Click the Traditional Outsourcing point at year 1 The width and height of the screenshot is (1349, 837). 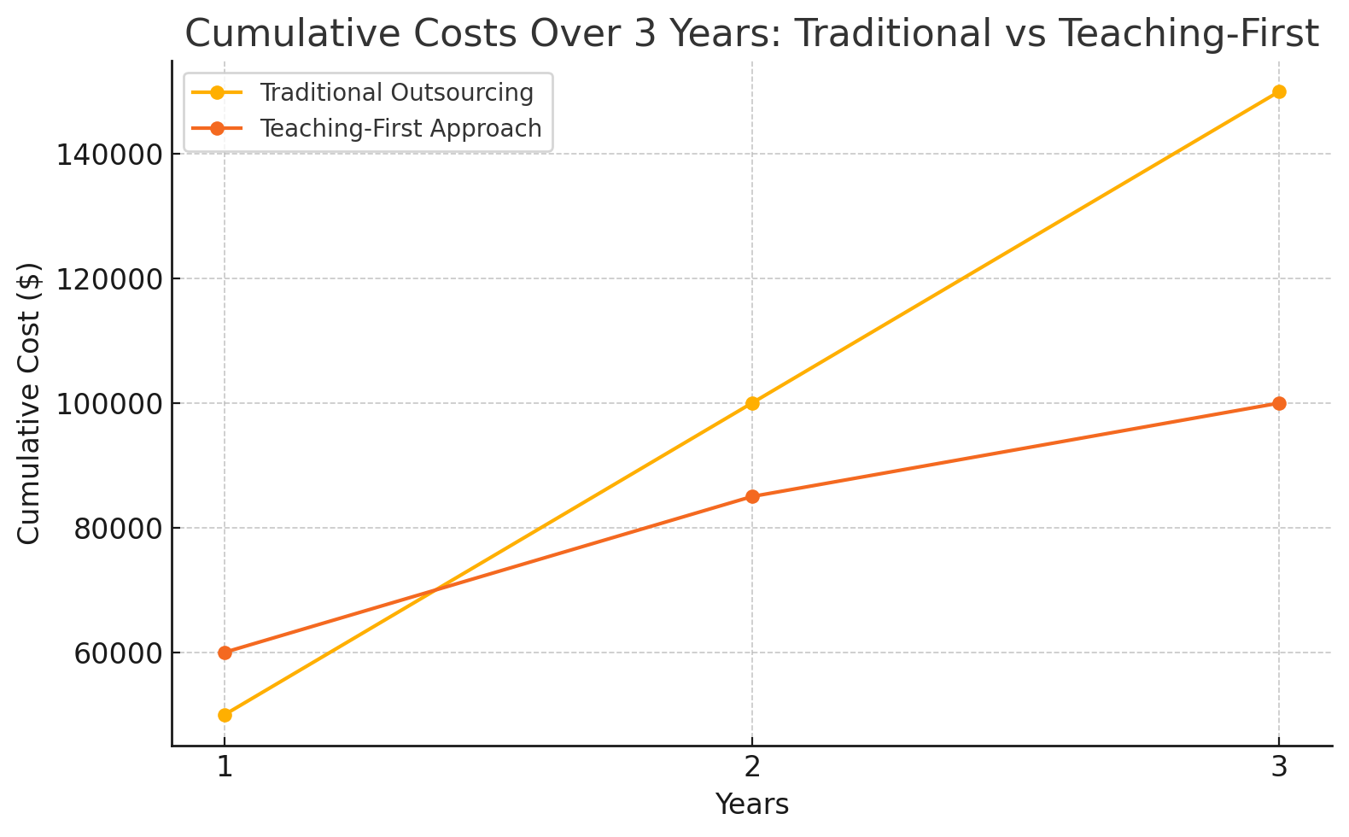point(225,715)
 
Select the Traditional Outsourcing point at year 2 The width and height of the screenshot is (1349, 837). point(752,403)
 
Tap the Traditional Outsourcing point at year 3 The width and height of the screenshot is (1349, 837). point(1279,91)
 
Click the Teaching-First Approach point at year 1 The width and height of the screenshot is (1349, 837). point(225,653)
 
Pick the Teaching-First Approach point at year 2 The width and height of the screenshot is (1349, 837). point(752,496)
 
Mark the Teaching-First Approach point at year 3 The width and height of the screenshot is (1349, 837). point(1279,403)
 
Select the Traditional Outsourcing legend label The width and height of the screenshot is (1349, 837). point(396,92)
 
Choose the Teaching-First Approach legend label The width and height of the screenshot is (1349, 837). point(400,128)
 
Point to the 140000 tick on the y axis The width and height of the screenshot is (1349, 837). point(108,155)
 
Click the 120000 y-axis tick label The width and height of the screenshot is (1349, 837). point(108,279)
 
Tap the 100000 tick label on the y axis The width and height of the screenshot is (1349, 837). point(108,404)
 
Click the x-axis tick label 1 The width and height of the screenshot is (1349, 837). point(225,768)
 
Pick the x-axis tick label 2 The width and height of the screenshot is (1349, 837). point(752,768)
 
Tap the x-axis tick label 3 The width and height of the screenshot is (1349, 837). point(1279,768)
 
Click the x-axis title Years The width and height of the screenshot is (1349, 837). point(752,805)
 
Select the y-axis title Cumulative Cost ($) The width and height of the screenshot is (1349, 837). point(30,403)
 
